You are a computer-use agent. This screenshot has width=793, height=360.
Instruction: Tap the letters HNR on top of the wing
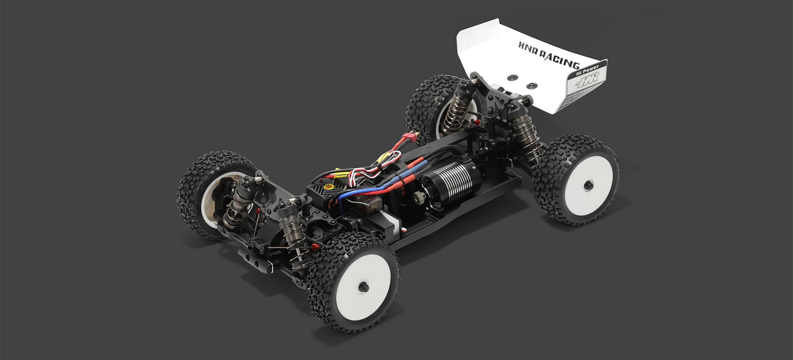tap(527, 47)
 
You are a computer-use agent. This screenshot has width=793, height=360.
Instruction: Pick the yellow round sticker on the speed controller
tap(328, 186)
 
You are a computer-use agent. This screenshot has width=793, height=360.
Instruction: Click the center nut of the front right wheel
tap(363, 286)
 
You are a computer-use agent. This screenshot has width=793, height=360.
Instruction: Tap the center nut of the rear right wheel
tap(588, 185)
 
